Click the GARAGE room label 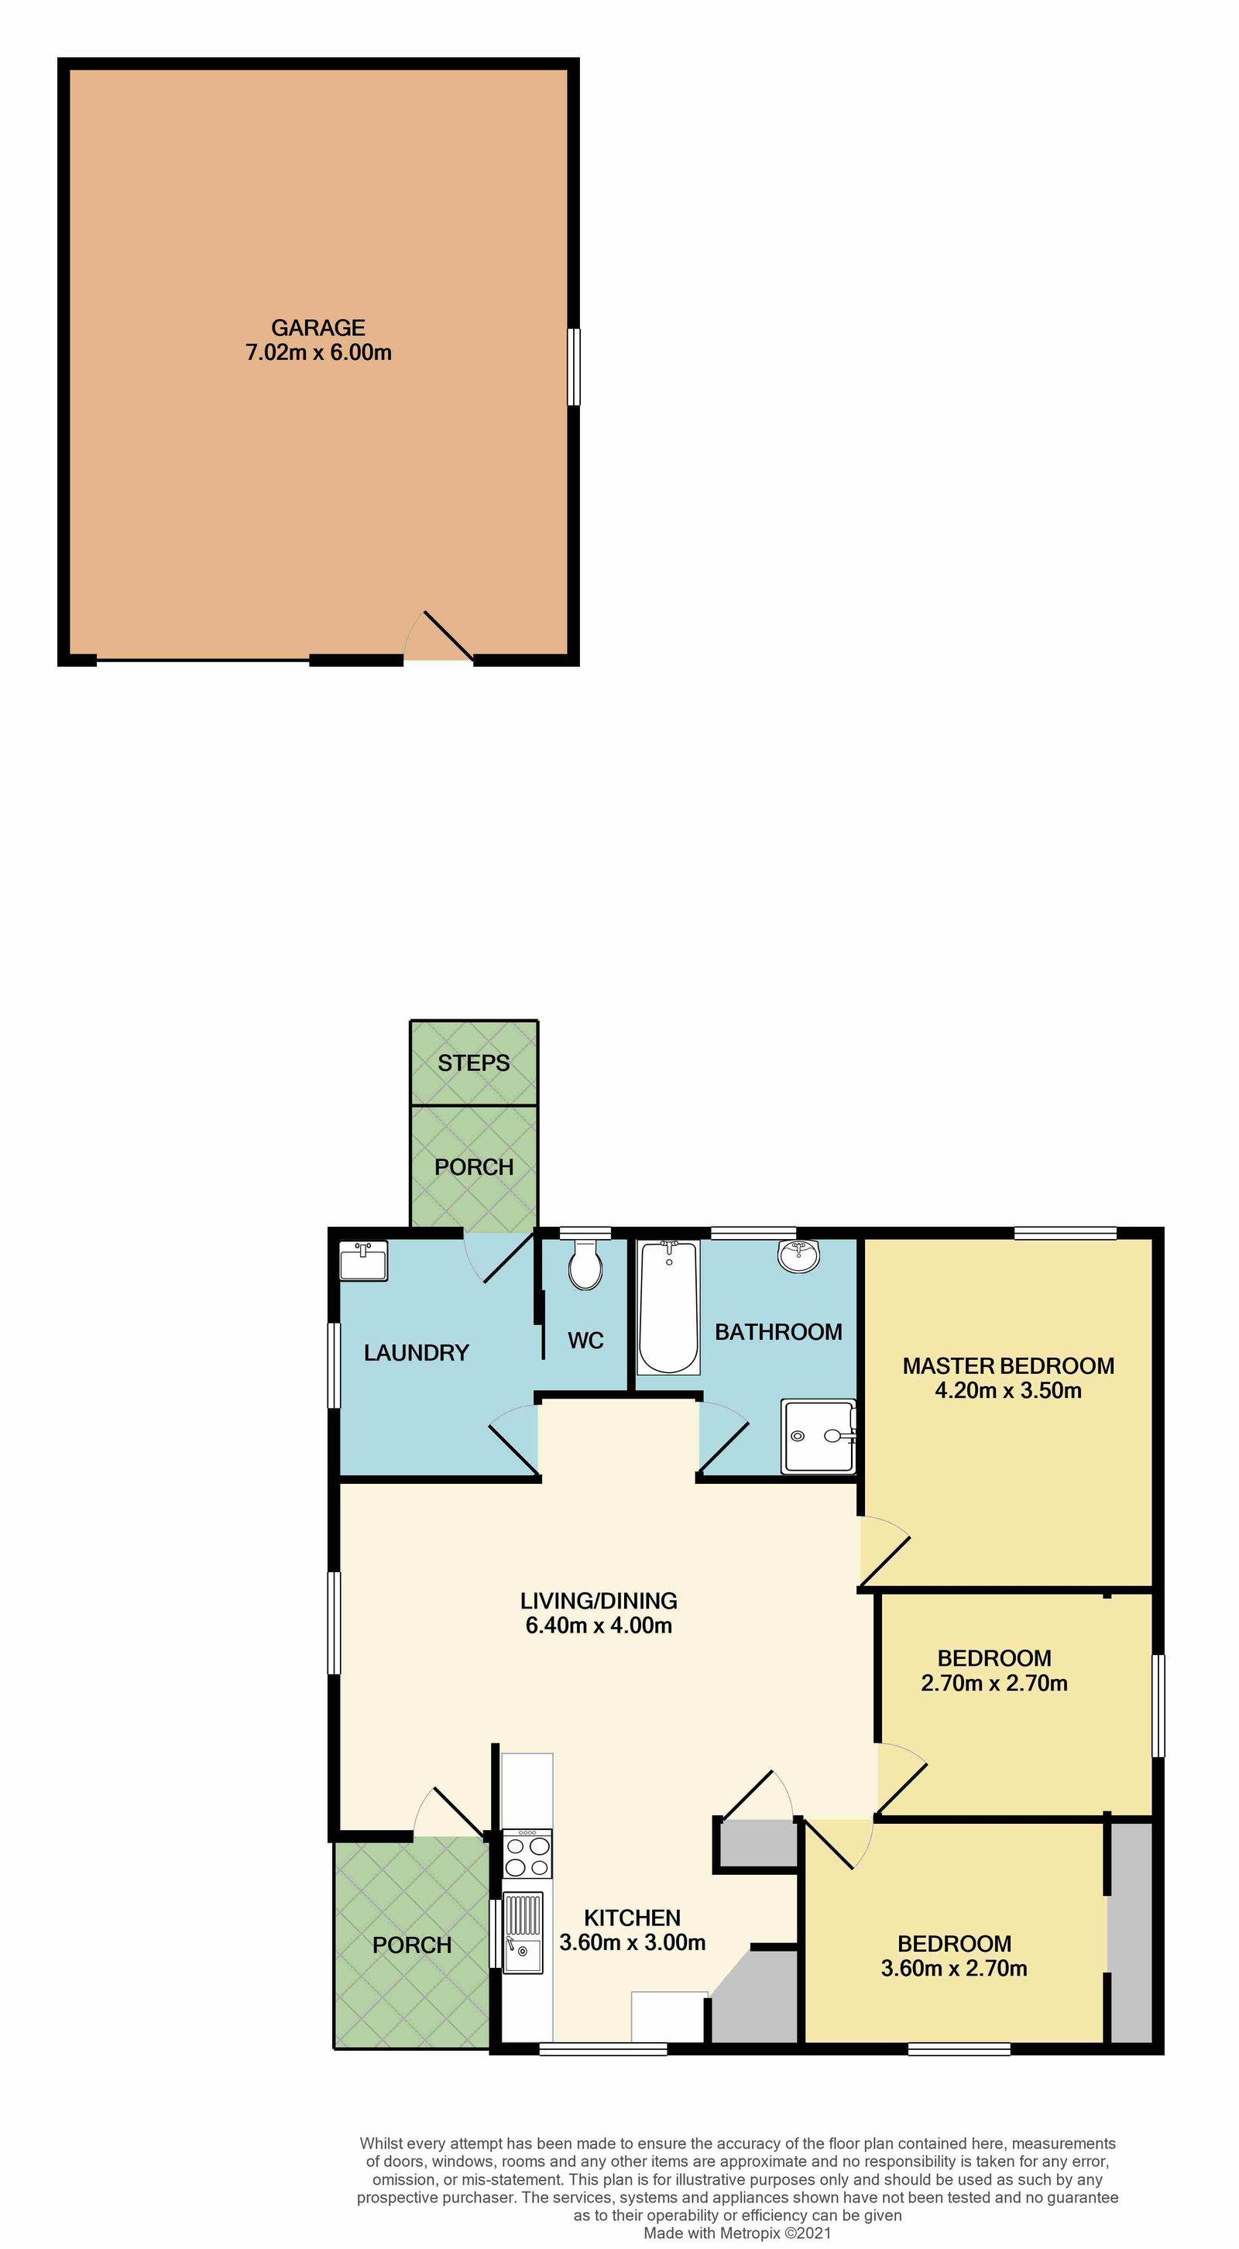[x=317, y=328]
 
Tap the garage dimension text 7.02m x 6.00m [x=317, y=352]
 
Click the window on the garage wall [x=574, y=366]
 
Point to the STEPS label [x=473, y=1063]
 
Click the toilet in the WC [x=585, y=1267]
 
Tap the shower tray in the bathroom [x=817, y=1436]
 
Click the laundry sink [x=363, y=1262]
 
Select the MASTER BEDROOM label [x=1008, y=1365]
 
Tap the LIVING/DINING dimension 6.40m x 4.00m [x=599, y=1625]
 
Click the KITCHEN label [x=632, y=1918]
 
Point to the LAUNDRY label [x=417, y=1352]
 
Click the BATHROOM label [x=778, y=1331]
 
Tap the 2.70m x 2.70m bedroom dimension [x=994, y=1682]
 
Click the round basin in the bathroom [x=798, y=1256]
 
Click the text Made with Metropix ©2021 [x=737, y=2233]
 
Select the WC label [x=585, y=1340]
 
